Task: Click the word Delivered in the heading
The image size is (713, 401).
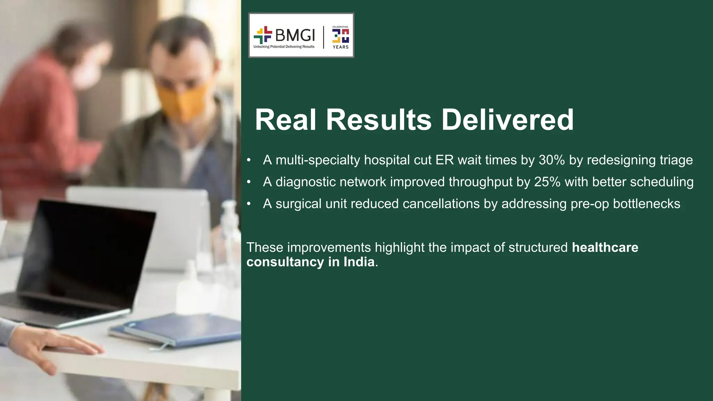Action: pyautogui.click(x=507, y=120)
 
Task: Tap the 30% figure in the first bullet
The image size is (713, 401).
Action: pyautogui.click(x=551, y=160)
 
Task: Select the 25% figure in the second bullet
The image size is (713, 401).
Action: pyautogui.click(x=547, y=182)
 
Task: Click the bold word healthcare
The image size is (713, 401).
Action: pyautogui.click(x=605, y=247)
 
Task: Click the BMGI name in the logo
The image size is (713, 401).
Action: pyautogui.click(x=295, y=35)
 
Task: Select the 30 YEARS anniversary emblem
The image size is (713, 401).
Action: pyautogui.click(x=340, y=37)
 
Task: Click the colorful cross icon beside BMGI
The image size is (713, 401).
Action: pyautogui.click(x=263, y=35)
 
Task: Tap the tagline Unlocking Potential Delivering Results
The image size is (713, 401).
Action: pyautogui.click(x=284, y=47)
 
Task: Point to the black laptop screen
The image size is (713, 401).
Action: pyautogui.click(x=87, y=251)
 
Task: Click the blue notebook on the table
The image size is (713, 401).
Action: pyautogui.click(x=181, y=329)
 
